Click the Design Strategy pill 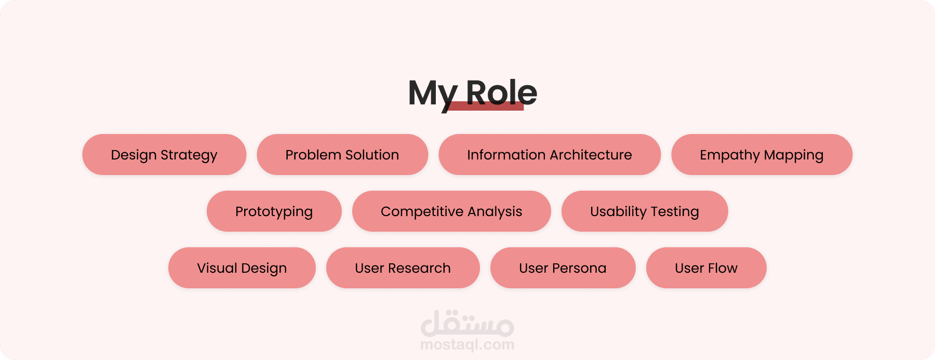coord(164,155)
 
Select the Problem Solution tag coord(342,155)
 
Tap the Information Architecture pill coord(550,155)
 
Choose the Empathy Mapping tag coord(762,155)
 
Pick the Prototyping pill coord(274,211)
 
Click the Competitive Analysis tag coord(451,211)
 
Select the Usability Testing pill coord(645,211)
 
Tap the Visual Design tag coord(242,268)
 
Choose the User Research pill coord(403,268)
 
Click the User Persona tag coord(563,268)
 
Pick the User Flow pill coord(706,268)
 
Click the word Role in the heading coord(501,93)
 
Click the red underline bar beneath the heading coord(485,106)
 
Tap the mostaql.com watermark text coord(468,345)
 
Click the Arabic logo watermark coord(468,323)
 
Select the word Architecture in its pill coord(591,155)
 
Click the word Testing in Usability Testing coord(675,212)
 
